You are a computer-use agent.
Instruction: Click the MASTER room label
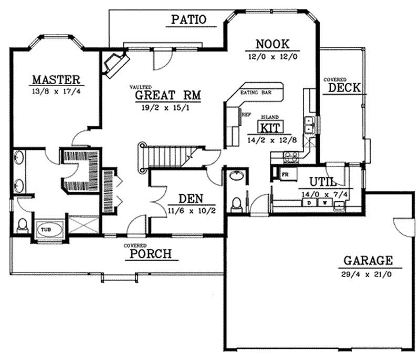[x=56, y=80]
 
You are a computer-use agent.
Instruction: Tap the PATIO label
[x=188, y=20]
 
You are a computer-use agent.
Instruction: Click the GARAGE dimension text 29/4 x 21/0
[x=361, y=274]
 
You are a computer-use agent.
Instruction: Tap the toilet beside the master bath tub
[x=23, y=226]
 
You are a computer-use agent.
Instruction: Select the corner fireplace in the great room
[x=114, y=63]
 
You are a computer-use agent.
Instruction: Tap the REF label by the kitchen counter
[x=245, y=113]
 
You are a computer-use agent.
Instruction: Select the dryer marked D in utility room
[x=310, y=202]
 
